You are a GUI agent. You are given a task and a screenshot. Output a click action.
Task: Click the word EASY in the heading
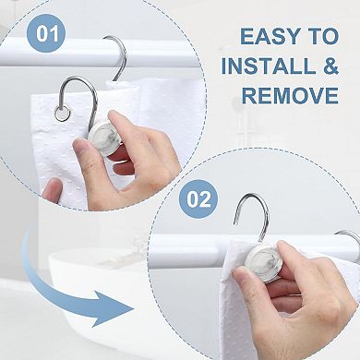click(x=270, y=37)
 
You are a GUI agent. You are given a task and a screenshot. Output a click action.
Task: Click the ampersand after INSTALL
click(x=330, y=66)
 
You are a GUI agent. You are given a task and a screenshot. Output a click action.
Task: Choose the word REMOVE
click(x=288, y=96)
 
